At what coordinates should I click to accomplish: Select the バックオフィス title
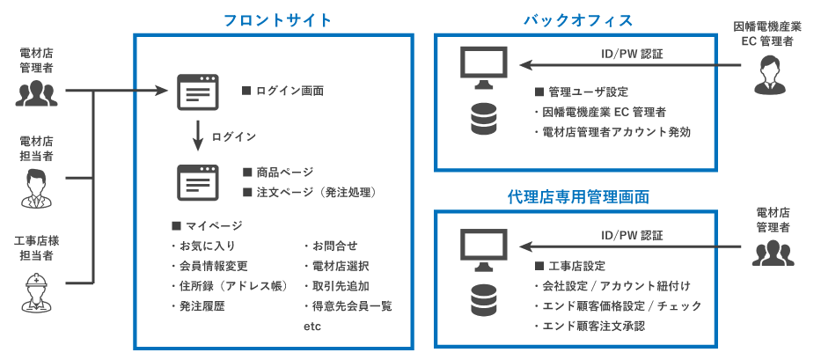577,19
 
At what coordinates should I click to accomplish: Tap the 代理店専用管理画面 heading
577,195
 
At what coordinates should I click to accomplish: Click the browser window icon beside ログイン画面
198,92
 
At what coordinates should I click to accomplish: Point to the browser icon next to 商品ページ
198,181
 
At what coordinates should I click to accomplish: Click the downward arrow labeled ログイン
200,136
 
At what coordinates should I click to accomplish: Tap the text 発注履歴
201,305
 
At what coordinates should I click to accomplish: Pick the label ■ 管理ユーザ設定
581,92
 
